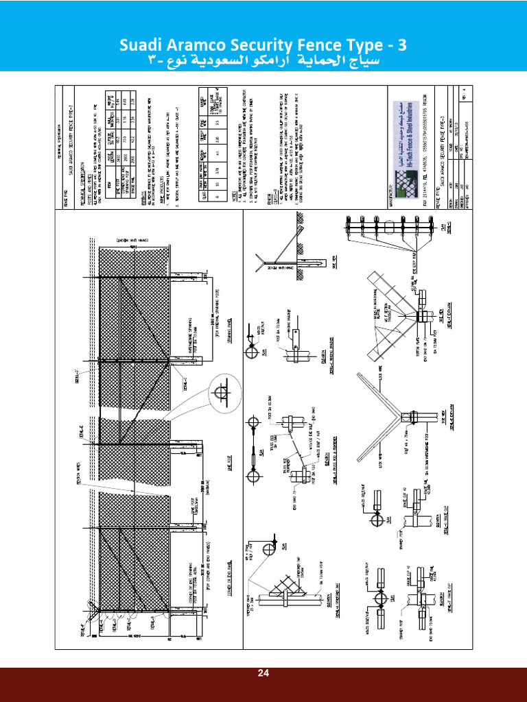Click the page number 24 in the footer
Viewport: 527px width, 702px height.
[x=263, y=673]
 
